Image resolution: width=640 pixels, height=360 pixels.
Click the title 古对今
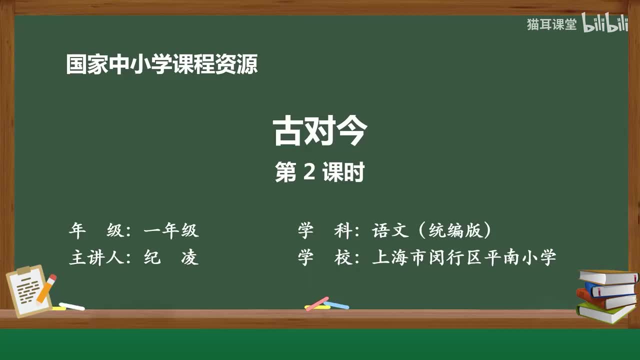click(320, 131)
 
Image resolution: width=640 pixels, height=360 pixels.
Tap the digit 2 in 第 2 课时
click(308, 172)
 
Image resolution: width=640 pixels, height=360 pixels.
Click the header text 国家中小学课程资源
click(162, 65)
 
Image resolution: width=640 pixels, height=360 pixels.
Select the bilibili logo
click(605, 24)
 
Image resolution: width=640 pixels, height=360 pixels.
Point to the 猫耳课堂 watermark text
click(551, 24)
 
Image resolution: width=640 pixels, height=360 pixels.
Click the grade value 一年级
click(171, 230)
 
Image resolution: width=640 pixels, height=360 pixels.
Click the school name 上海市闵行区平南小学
click(464, 258)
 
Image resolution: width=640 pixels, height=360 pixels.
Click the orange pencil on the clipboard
click(46, 288)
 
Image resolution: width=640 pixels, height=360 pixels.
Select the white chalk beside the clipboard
click(72, 306)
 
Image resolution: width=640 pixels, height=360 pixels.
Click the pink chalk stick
click(316, 303)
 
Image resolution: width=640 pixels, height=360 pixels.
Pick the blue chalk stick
click(337, 304)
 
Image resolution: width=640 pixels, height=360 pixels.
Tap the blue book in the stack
click(609, 289)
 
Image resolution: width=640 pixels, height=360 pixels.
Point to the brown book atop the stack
click(607, 276)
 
